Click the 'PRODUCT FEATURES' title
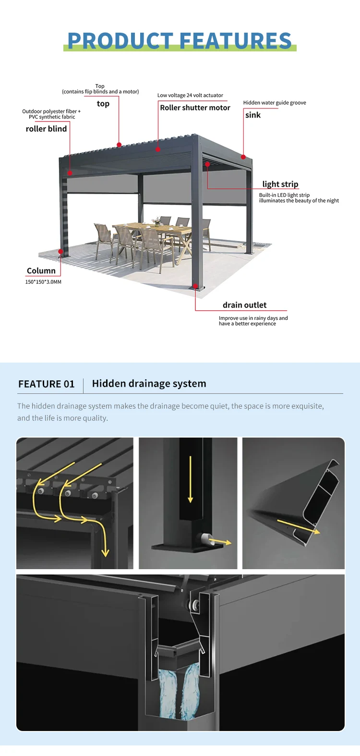(x=180, y=40)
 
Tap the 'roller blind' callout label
(x=46, y=129)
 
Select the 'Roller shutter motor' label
(x=195, y=108)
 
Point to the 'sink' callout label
(x=252, y=115)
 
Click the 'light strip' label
(x=280, y=184)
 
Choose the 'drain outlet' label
(x=245, y=305)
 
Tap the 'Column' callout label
(x=41, y=271)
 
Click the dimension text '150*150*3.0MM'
(x=43, y=282)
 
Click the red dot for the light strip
(x=207, y=164)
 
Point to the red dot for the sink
(x=243, y=157)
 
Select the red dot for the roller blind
(x=70, y=173)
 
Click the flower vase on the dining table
(x=156, y=221)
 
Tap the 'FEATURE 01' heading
(x=46, y=384)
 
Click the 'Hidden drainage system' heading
(x=149, y=384)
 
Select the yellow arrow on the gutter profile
(x=298, y=526)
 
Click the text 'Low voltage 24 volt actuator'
(x=190, y=95)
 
